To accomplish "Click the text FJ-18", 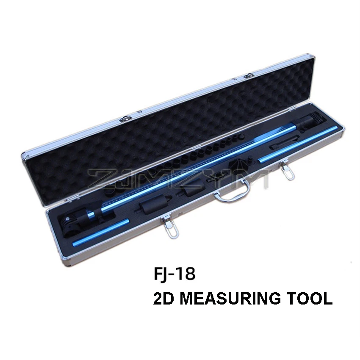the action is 174,274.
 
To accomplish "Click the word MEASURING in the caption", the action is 230,298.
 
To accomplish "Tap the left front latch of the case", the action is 169,228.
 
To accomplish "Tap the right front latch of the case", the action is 286,169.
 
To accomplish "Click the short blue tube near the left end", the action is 101,233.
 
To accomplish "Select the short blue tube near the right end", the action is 298,145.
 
